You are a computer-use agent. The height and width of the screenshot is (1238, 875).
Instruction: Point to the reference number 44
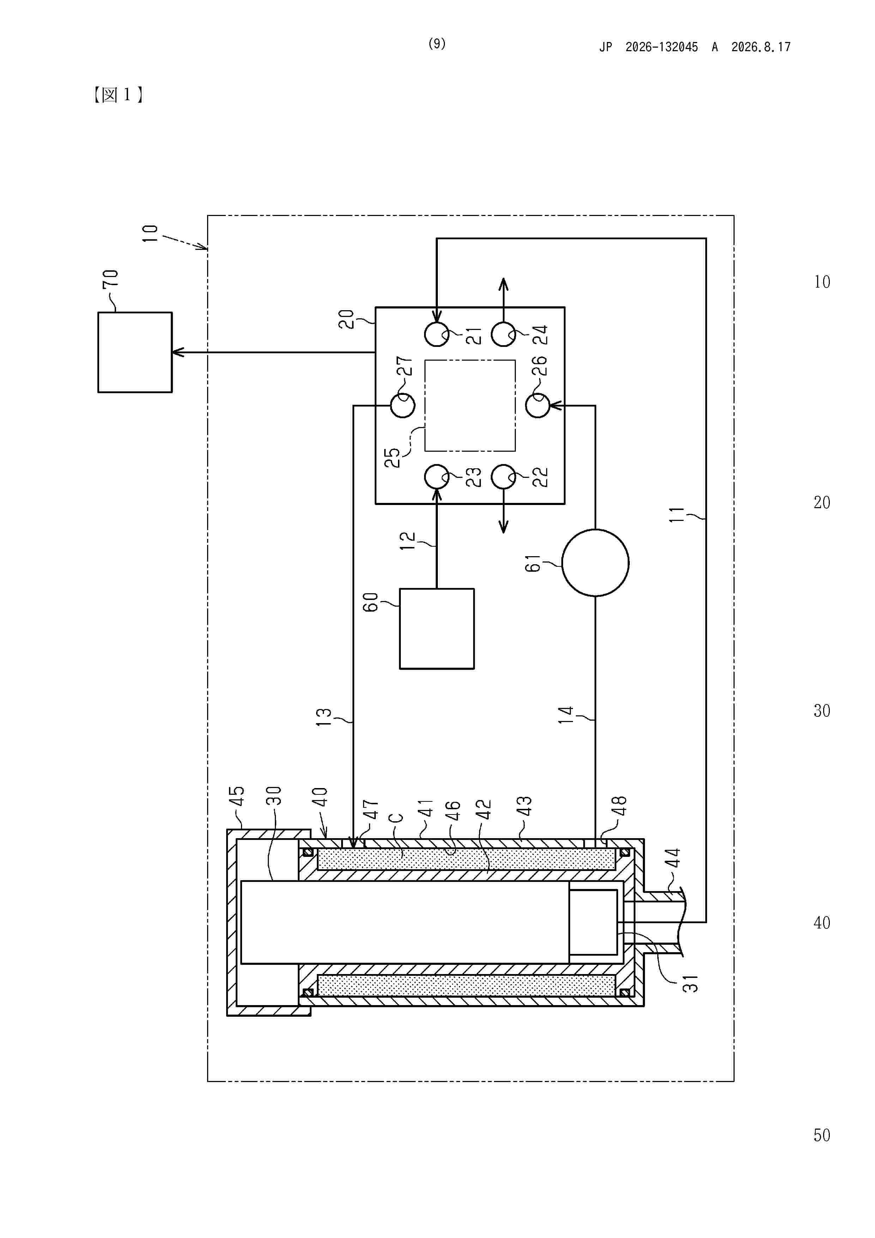pyautogui.click(x=673, y=857)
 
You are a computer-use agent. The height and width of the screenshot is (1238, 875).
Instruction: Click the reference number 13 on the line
pyautogui.click(x=324, y=717)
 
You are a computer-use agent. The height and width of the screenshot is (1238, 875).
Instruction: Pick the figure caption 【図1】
pyautogui.click(x=117, y=95)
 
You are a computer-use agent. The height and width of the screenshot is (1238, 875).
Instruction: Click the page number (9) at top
pyautogui.click(x=437, y=44)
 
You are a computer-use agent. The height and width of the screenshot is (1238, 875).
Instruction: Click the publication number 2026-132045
pyautogui.click(x=662, y=47)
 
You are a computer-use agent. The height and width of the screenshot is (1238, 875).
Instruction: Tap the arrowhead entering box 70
pyautogui.click(x=178, y=352)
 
